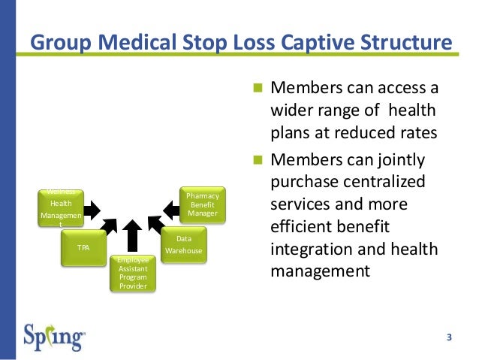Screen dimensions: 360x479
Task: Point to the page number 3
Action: [449, 336]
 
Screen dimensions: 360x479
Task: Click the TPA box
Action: [83, 246]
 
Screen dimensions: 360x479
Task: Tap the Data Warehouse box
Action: [183, 245]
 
